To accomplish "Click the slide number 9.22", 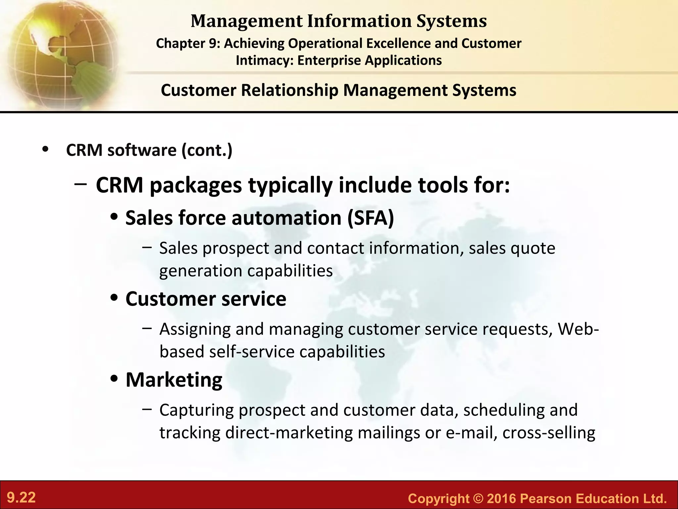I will pos(22,498).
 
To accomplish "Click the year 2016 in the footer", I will pos(502,498).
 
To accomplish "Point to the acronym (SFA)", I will pos(371,218).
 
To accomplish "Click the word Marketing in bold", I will pos(174,380).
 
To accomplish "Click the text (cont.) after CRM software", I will pos(207,150).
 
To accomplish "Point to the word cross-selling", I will pos(549,433).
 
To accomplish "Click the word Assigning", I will pos(195,329).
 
